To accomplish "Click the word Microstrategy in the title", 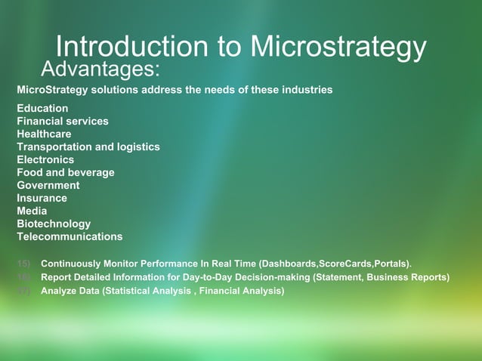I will click(338, 48).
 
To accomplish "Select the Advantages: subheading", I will click(100, 70).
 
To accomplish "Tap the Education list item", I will click(42, 108).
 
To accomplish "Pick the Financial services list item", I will click(63, 121).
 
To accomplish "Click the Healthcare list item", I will click(44, 134).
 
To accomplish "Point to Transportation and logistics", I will click(88, 147).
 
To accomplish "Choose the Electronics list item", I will click(45, 159).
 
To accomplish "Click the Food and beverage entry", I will click(66, 172).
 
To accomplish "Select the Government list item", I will click(48, 185).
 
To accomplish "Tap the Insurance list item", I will click(42, 198).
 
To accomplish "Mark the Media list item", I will click(32, 211).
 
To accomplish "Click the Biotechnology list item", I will click(54, 224).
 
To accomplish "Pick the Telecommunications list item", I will click(70, 236).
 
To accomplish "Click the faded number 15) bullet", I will click(24, 264).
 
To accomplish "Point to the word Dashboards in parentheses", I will click(288, 264).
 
